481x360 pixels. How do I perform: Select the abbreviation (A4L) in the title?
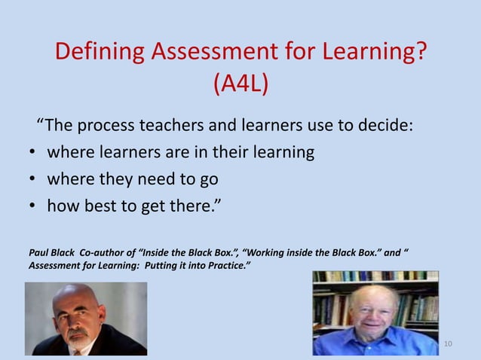240,84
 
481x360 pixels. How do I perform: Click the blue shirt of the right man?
377,343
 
